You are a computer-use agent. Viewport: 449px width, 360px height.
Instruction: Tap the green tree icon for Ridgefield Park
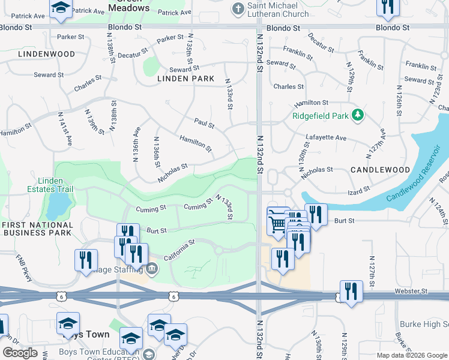point(358,114)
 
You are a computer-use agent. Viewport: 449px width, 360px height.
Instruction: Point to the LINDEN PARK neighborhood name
point(185,79)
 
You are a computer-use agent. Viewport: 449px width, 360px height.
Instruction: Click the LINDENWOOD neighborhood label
point(46,54)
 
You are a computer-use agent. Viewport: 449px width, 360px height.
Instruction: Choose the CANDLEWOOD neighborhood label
point(380,170)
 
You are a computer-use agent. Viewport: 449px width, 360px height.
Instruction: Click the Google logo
point(20,353)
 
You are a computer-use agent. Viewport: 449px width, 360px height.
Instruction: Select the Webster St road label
point(410,291)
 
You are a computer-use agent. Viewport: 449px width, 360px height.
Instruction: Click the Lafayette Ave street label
point(327,137)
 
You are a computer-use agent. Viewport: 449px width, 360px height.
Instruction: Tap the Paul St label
point(204,124)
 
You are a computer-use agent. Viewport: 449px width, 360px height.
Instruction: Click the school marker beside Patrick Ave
point(61,8)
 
